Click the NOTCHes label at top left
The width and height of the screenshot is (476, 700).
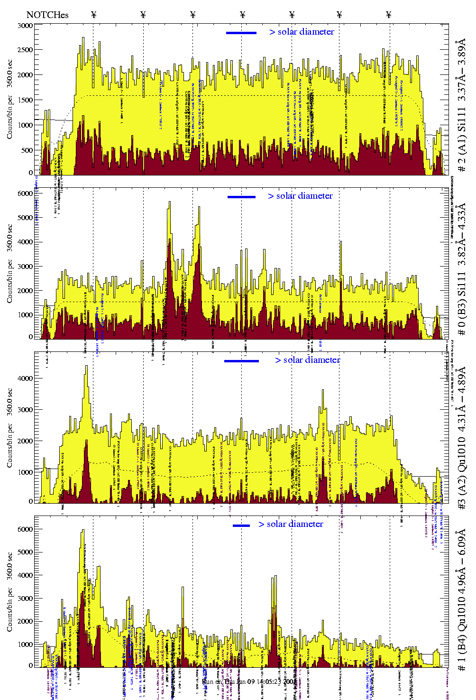click(47, 15)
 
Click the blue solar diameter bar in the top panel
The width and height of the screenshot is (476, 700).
click(241, 33)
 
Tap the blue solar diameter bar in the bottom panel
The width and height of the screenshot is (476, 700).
click(241, 525)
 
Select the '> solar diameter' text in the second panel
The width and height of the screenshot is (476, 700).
click(300, 196)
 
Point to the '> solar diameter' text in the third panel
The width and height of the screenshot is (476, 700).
click(307, 360)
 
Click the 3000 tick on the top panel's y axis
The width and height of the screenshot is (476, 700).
click(25, 26)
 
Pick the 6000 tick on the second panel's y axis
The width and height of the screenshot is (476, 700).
click(25, 193)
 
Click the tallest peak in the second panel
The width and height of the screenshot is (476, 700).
click(169, 202)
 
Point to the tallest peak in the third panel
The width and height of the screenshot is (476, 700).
click(86, 366)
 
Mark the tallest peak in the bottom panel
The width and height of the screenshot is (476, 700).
click(83, 531)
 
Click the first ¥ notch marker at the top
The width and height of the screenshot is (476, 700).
click(93, 15)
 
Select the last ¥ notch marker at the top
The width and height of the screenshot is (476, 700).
click(389, 15)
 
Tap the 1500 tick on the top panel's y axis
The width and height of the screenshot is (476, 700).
click(25, 100)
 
